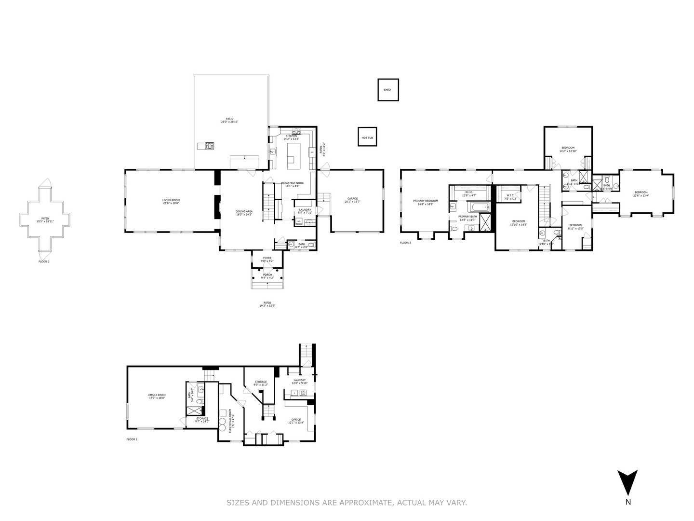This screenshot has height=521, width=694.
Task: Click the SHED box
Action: click(x=388, y=90)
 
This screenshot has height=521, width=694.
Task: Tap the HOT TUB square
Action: click(x=367, y=137)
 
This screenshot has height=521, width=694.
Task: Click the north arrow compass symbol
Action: click(x=627, y=482)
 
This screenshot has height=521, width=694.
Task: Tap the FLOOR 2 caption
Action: click(x=44, y=261)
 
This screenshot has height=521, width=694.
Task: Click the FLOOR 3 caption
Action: click(x=405, y=243)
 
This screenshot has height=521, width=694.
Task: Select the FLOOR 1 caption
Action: click(x=132, y=439)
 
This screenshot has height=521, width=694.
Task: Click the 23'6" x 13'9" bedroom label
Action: click(x=641, y=193)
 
